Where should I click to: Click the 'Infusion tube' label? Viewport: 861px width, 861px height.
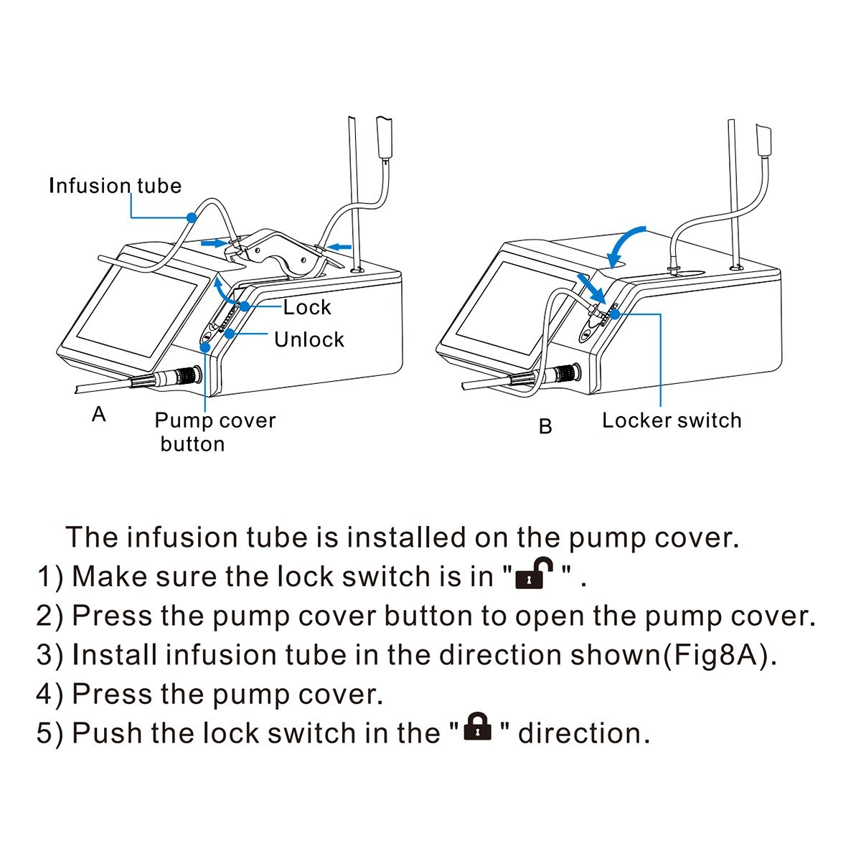tap(116, 185)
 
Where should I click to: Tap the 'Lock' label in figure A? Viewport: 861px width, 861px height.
tap(307, 307)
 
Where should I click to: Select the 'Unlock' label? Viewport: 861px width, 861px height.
tap(309, 339)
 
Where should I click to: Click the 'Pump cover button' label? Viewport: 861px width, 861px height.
tap(215, 432)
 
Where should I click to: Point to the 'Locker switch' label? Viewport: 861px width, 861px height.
tap(672, 420)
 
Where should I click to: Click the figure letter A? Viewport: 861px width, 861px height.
tap(99, 414)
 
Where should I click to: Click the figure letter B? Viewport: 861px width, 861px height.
tap(545, 426)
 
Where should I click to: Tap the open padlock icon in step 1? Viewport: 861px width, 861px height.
tap(534, 573)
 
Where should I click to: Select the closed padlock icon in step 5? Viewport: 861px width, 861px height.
tap(478, 726)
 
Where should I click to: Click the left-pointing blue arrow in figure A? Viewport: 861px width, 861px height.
tap(339, 246)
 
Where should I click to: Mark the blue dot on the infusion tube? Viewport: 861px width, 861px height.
tap(192, 217)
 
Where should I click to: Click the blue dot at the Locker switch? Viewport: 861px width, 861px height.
tap(615, 314)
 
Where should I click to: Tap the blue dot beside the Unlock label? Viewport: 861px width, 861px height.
tap(229, 334)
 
